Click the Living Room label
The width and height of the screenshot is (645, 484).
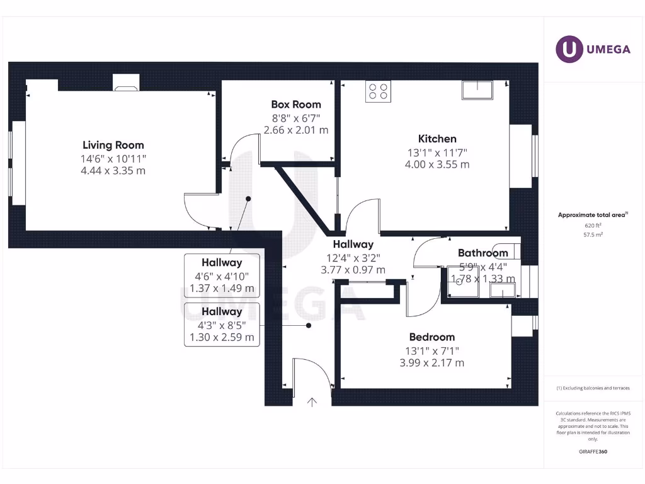(113, 145)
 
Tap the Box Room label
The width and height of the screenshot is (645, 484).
(296, 105)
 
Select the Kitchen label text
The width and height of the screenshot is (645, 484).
(437, 139)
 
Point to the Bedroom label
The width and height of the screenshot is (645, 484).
(432, 337)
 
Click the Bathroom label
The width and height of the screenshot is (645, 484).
(483, 253)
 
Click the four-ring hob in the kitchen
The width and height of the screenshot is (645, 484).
(378, 91)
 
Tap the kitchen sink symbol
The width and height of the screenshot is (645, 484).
(477, 90)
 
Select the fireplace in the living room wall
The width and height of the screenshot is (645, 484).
(126, 83)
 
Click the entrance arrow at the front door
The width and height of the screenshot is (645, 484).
(312, 402)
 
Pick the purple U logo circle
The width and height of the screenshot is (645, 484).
(569, 49)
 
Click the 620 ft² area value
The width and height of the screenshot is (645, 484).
(593, 226)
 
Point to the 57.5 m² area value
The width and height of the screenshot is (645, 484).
(593, 234)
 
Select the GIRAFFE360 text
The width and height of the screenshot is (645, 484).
(593, 451)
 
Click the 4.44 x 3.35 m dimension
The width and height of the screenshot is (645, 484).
(113, 171)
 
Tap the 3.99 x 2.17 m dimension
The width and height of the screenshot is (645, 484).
(432, 363)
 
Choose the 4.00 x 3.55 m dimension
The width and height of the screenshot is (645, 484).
(437, 164)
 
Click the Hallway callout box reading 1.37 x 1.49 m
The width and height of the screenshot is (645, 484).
(222, 275)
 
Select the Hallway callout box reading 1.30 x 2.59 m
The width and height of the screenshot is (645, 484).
(222, 325)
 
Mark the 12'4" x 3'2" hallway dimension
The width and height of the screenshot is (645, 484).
(353, 258)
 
